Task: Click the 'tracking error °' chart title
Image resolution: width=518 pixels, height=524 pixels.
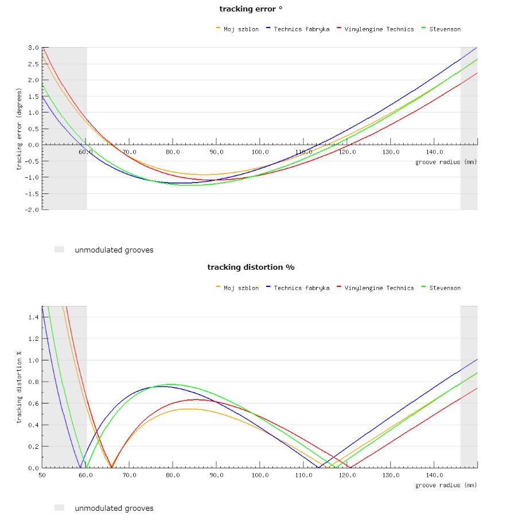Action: click(251, 9)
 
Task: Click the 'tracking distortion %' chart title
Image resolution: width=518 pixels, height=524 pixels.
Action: click(251, 267)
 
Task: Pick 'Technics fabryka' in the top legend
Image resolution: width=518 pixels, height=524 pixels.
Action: click(301, 29)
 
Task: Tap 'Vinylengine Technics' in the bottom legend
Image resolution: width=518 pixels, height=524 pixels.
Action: click(379, 288)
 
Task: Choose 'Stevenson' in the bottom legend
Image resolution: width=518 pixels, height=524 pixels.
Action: click(445, 288)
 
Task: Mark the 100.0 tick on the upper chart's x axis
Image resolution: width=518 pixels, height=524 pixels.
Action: click(260, 152)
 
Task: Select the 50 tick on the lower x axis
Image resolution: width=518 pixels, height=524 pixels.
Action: click(42, 475)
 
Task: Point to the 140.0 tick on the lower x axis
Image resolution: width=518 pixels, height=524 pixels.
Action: click(434, 475)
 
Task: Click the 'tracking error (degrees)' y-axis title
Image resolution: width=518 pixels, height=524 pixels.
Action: click(19, 129)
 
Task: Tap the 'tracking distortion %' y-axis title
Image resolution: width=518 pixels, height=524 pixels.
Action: click(19, 387)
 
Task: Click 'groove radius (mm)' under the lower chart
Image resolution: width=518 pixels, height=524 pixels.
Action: click(446, 486)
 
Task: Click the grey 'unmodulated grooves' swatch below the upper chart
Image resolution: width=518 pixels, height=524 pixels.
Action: click(59, 250)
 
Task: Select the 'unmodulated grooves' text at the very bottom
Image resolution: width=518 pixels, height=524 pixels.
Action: click(114, 508)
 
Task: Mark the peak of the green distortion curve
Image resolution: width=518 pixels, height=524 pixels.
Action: click(172, 384)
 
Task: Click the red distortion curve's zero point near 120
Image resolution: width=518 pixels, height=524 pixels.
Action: click(350, 467)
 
